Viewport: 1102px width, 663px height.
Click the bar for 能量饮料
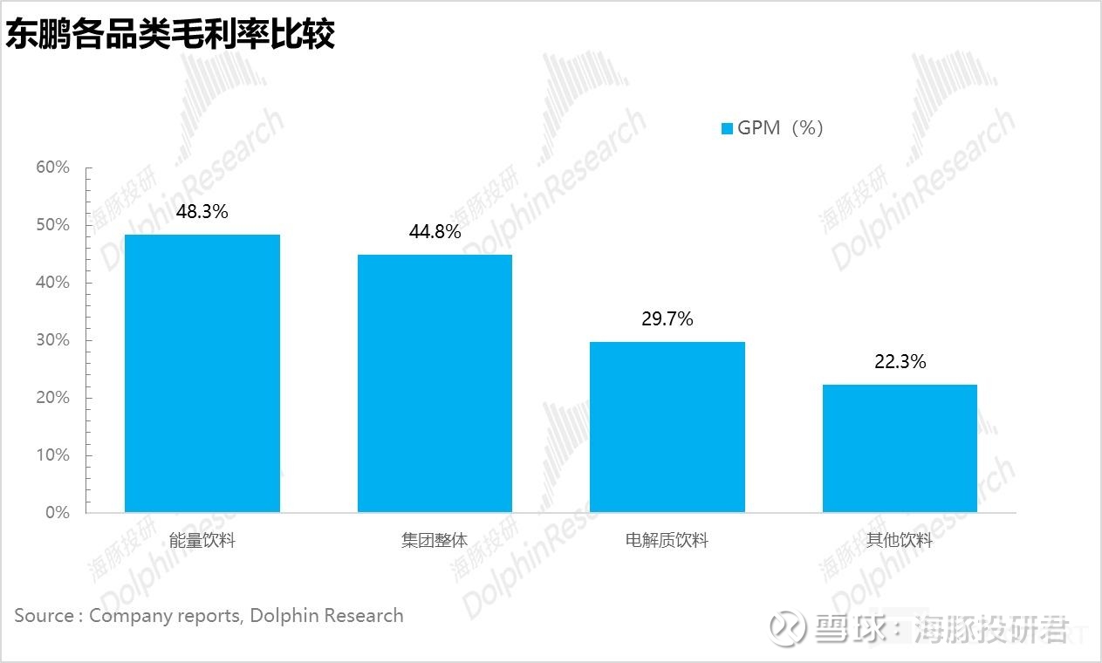pos(202,373)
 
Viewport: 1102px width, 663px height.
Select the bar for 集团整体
pos(435,383)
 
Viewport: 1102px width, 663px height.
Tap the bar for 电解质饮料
pos(667,427)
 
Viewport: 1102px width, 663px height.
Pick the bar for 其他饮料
pos(900,448)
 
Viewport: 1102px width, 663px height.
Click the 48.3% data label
pos(202,211)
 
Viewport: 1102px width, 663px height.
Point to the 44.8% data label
pos(435,232)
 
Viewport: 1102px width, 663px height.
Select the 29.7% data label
pos(667,319)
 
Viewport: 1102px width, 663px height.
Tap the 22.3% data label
pos(900,361)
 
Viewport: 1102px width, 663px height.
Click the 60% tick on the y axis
pos(52,167)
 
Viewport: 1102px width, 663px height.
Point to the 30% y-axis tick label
pos(52,340)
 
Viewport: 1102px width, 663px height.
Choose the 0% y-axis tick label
pos(57,513)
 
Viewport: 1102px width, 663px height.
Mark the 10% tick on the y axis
pos(52,455)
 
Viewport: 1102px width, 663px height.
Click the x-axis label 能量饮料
pos(202,541)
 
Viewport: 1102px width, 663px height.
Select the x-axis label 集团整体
pos(435,541)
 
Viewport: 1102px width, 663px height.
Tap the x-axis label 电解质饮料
pos(667,541)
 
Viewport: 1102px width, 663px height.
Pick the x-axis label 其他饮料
pos(900,541)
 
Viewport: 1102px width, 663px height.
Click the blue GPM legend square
pos(727,129)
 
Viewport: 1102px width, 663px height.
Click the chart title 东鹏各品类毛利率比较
pos(170,35)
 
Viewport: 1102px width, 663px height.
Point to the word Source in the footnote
pos(44,616)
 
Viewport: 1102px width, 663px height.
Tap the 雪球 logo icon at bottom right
pos(791,628)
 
